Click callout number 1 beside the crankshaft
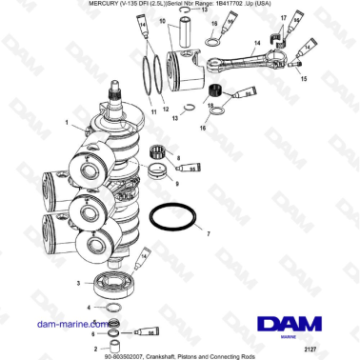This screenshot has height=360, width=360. [67, 123]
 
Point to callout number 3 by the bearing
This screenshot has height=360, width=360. [78, 284]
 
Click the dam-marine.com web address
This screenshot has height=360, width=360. [57, 324]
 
